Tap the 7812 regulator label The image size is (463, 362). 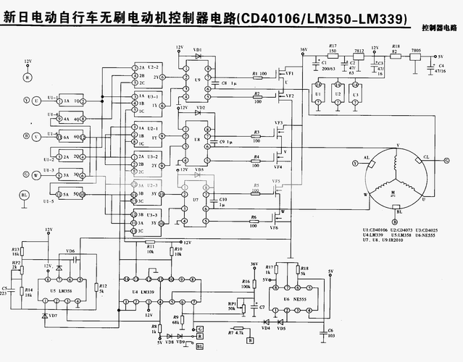tap(359, 51)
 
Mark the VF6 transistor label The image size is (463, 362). tap(275, 228)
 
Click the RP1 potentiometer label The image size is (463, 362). tap(232, 303)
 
